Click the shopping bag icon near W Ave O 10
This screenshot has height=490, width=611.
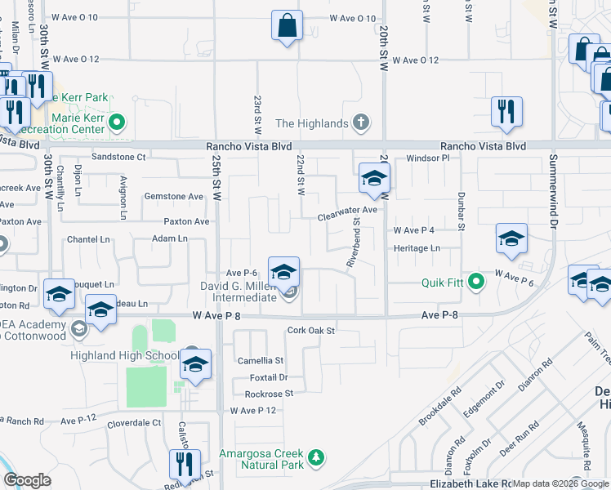[287, 25]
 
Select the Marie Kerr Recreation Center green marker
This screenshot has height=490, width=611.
[117, 124]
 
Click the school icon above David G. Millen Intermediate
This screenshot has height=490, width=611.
[283, 272]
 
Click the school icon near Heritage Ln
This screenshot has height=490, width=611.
[511, 239]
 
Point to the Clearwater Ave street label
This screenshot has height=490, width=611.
[347, 210]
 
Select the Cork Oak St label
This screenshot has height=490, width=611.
[311, 331]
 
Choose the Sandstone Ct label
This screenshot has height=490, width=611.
[118, 156]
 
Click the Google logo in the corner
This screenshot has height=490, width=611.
[26, 480]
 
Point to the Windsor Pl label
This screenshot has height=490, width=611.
[428, 157]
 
